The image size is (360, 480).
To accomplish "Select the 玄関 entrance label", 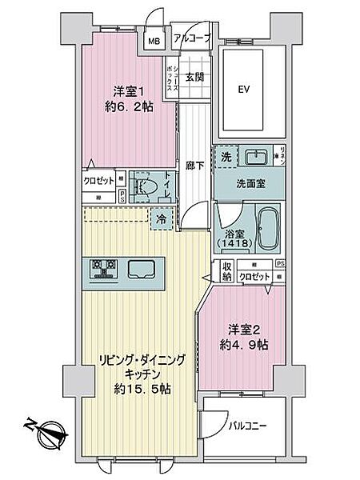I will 194,77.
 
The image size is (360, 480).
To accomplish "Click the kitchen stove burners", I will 105,268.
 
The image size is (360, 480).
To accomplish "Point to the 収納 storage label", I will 226,272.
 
